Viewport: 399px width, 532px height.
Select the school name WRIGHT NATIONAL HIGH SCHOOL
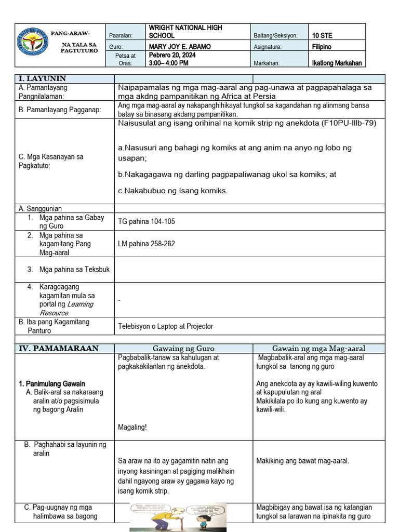[178, 31]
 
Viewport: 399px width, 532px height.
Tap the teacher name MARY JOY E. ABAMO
[180, 47]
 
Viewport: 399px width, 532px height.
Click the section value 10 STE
[322, 35]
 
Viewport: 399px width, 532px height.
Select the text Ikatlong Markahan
[337, 63]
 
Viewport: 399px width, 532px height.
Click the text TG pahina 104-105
[147, 221]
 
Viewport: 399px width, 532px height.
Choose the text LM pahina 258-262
[147, 243]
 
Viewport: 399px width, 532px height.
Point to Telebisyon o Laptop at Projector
[165, 326]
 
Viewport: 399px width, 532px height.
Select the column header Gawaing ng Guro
[183, 348]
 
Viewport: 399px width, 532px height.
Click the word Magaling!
[132, 427]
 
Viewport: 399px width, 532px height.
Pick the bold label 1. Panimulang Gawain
[52, 383]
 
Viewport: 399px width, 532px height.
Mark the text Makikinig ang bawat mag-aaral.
[302, 461]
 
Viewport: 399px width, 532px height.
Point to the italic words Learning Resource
[66, 308]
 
